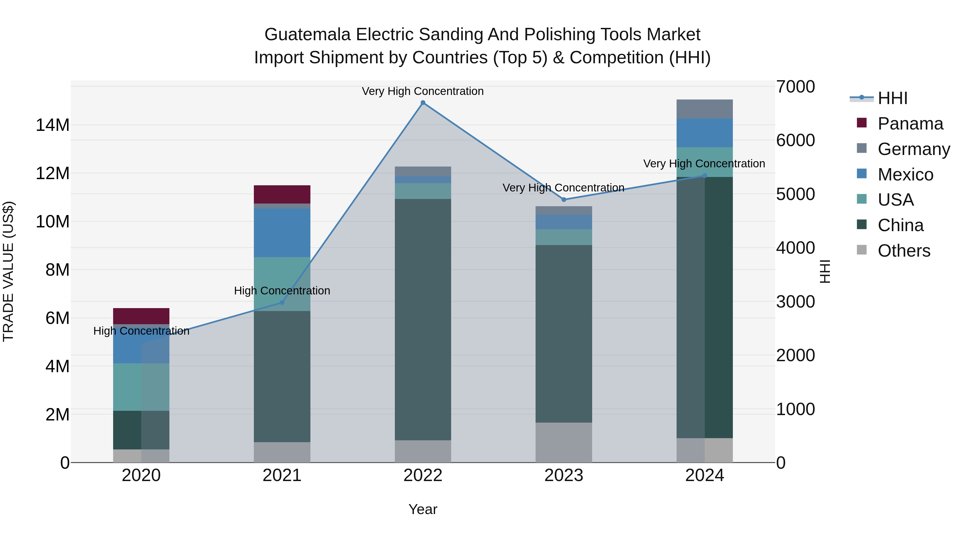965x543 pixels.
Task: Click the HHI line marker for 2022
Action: click(423, 103)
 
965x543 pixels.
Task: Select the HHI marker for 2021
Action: click(282, 302)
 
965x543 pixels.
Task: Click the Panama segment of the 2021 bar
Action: click(282, 194)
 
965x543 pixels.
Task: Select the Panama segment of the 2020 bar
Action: click(141, 316)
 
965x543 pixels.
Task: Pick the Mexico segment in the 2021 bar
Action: click(282, 232)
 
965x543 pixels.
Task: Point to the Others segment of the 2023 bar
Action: click(564, 442)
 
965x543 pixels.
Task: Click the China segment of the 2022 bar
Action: click(423, 319)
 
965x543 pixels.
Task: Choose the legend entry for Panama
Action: click(910, 124)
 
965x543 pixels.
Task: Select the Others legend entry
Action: click(904, 251)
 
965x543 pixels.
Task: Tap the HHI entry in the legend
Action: click(892, 98)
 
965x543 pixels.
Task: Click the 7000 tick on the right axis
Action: click(795, 87)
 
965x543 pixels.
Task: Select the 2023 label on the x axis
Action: click(564, 475)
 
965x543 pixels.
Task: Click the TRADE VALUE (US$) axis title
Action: click(8, 271)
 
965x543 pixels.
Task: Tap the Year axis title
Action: click(423, 509)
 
